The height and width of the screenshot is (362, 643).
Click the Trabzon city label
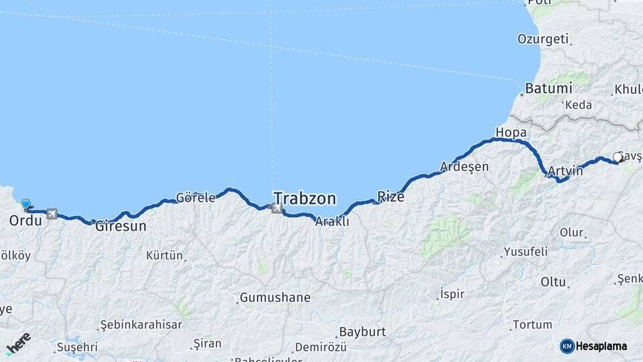305,198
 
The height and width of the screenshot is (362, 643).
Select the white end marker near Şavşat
618,157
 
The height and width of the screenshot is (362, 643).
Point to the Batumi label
549,88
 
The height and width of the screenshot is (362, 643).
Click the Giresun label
121,227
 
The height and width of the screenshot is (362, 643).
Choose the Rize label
391,196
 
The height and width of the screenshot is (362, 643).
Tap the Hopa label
511,132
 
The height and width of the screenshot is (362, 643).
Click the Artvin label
565,172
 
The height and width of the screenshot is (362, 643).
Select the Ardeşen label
464,166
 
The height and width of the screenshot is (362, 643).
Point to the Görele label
196,198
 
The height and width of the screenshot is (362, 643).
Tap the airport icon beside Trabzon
277,208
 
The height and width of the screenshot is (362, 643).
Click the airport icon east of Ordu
52,215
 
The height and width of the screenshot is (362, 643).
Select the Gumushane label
275,298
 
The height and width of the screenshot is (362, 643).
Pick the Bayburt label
362,332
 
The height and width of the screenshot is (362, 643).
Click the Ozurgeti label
543,39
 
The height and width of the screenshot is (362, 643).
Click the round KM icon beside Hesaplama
567,346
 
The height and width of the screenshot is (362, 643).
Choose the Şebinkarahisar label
141,324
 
